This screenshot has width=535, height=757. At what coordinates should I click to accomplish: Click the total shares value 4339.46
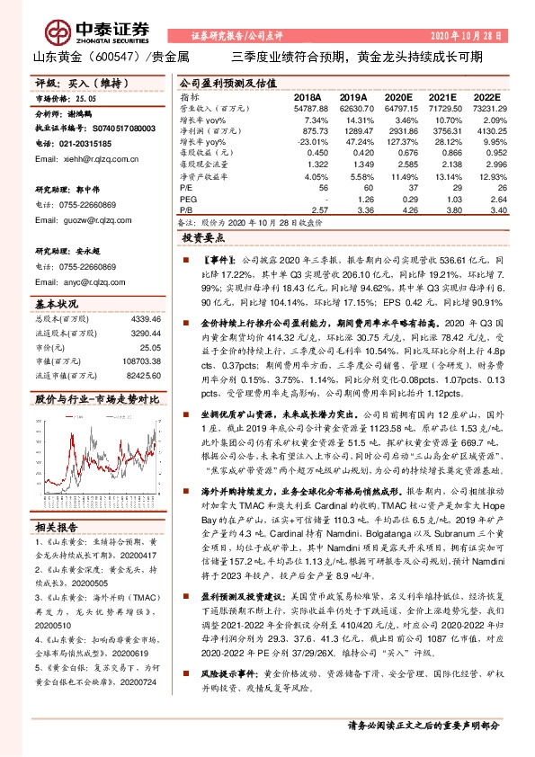145,319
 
